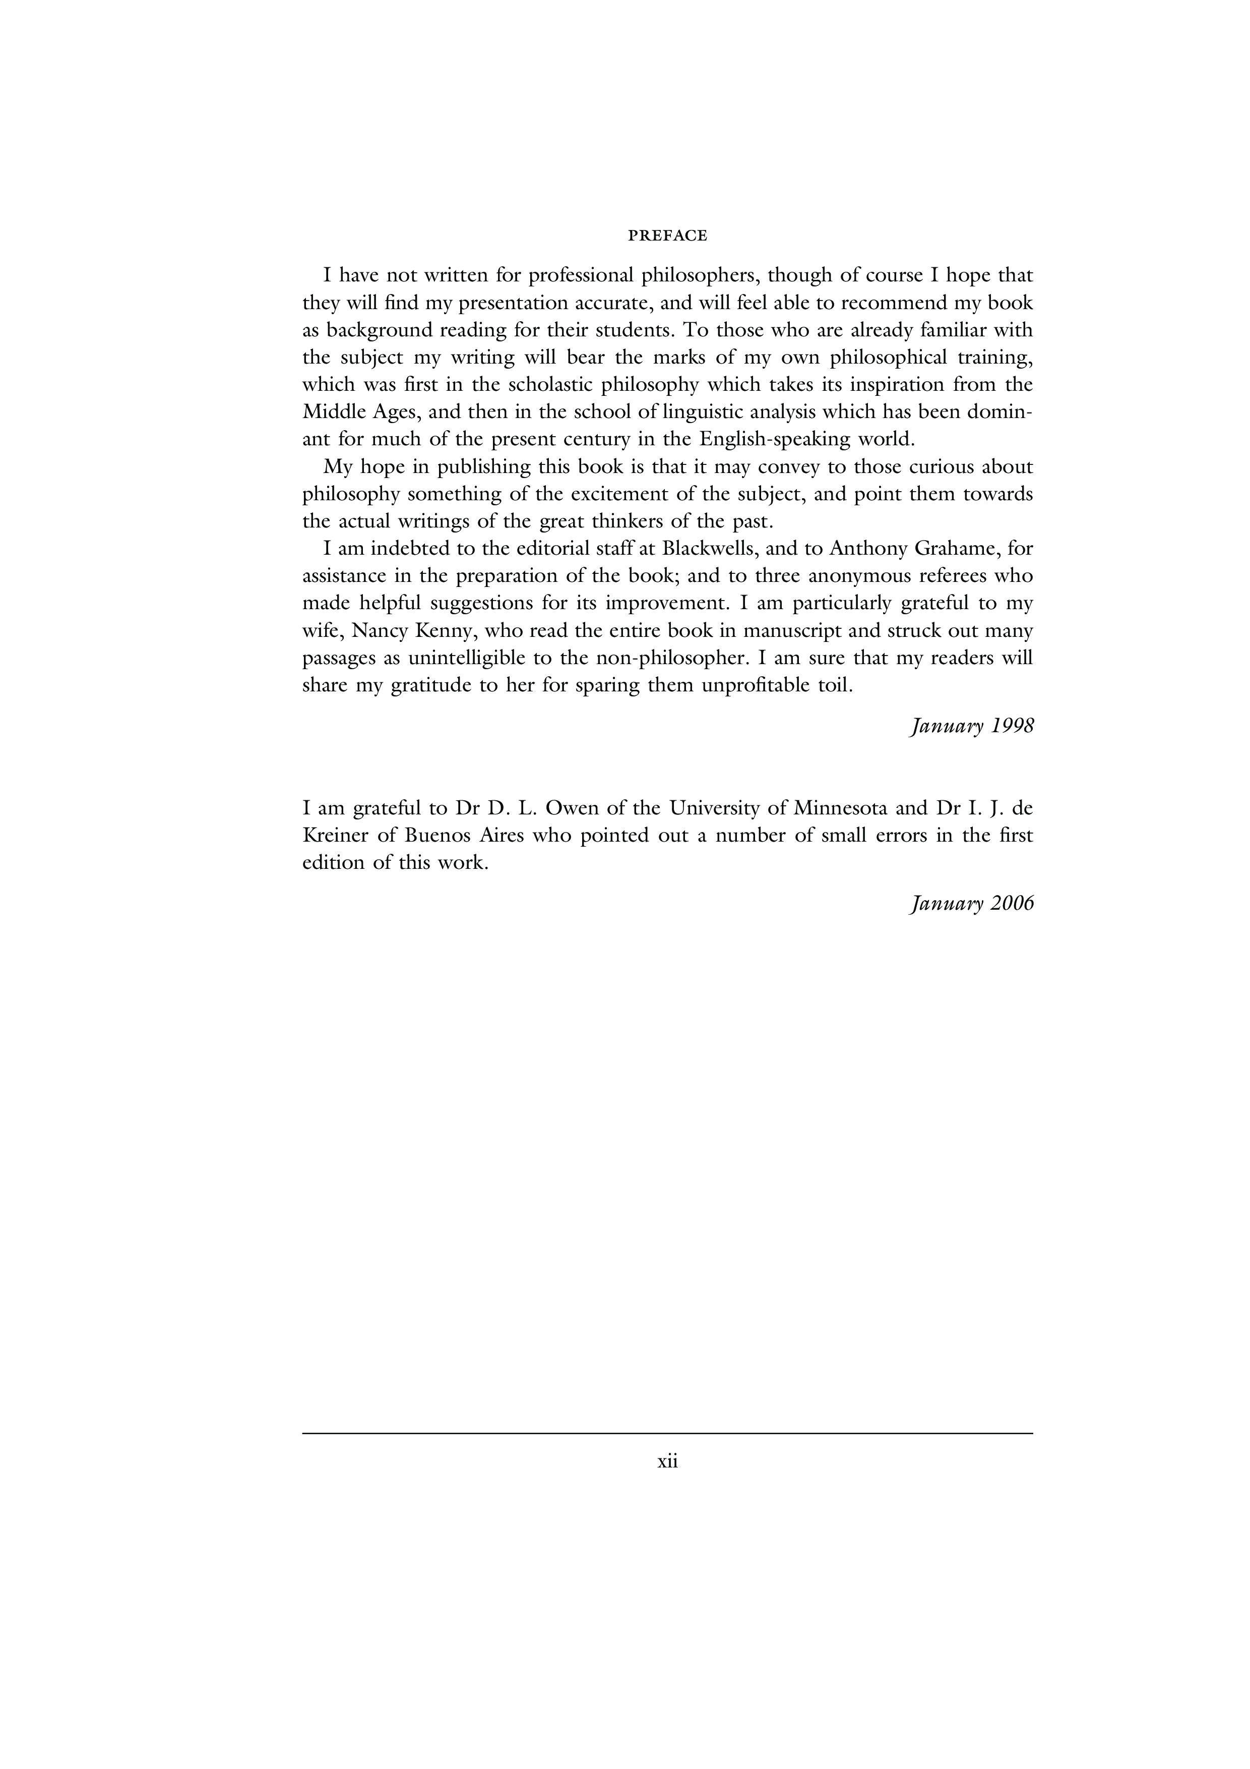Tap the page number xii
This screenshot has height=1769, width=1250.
tap(667, 1461)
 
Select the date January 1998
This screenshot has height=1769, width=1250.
tap(971, 727)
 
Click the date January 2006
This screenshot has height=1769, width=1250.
tap(971, 903)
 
